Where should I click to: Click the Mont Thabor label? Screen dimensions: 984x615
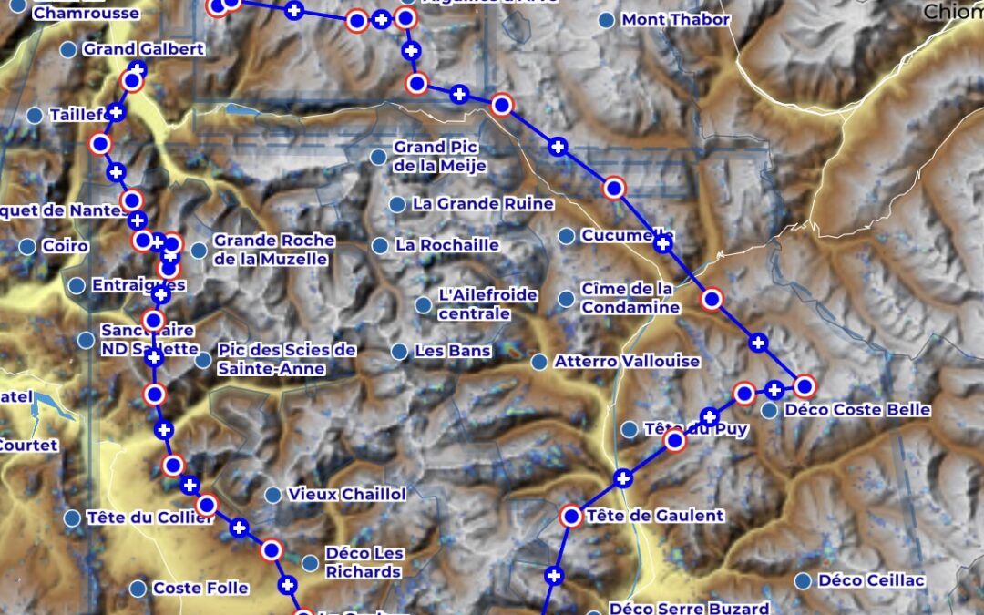tap(675, 20)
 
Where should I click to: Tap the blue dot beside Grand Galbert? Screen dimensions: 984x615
tap(67, 49)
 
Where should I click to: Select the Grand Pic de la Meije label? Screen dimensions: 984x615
tap(440, 157)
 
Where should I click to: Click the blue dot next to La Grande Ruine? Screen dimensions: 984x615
tap(397, 204)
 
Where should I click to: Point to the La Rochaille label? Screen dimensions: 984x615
tap(446, 245)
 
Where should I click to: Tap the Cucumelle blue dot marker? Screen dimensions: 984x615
tap(566, 236)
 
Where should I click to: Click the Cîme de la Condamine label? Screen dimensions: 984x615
tap(630, 298)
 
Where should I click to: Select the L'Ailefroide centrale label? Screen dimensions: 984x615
tap(487, 304)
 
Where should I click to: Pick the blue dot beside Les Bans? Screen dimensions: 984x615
tap(399, 351)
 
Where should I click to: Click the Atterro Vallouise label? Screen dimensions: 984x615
tap(627, 362)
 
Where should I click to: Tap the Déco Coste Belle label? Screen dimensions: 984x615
tap(857, 410)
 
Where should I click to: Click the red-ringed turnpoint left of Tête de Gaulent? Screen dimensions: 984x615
tap(571, 517)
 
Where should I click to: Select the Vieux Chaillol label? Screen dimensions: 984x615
tap(346, 495)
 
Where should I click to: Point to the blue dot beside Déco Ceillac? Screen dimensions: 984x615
tap(804, 581)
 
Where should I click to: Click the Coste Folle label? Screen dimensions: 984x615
tap(200, 589)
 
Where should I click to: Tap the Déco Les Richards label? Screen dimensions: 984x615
tap(363, 563)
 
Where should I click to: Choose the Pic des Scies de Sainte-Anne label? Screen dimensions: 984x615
tap(286, 360)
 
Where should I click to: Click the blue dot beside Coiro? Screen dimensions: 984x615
tap(27, 246)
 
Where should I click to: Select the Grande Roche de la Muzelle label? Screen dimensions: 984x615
tap(273, 250)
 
